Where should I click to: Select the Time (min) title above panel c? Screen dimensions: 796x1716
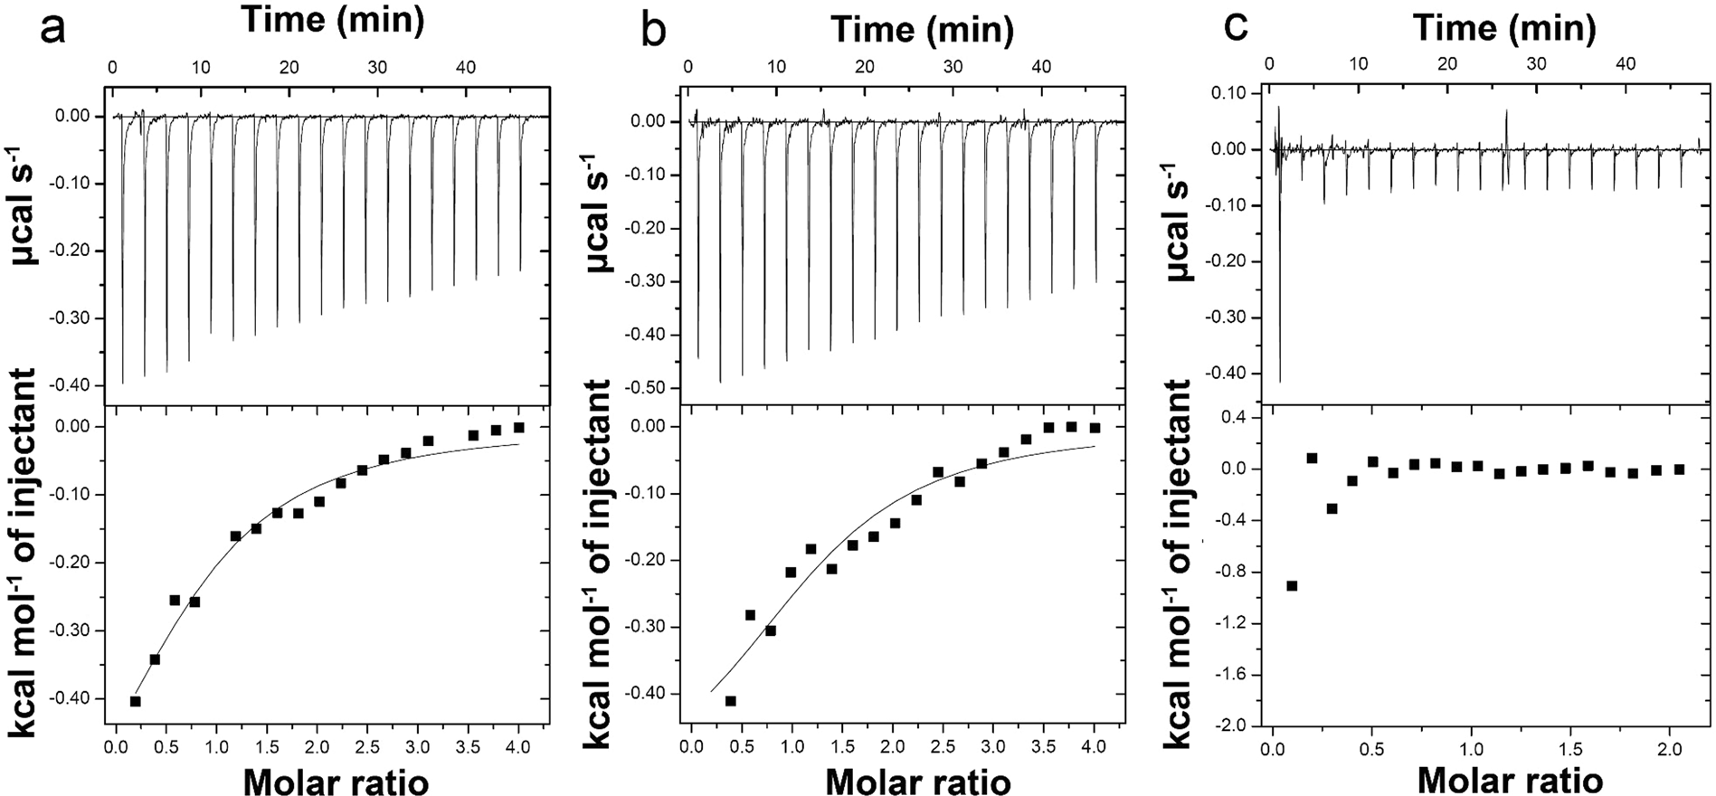(1504, 28)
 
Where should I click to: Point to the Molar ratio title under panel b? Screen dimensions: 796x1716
(917, 781)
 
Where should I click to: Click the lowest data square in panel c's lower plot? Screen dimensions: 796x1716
(1292, 586)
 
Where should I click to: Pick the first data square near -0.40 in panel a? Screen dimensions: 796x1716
(136, 701)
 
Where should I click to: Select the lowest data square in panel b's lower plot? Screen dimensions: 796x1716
(731, 701)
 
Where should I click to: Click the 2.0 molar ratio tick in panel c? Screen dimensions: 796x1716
(1669, 748)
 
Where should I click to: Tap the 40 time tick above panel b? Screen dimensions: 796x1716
(1041, 67)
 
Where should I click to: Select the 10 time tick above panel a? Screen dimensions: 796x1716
(200, 67)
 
